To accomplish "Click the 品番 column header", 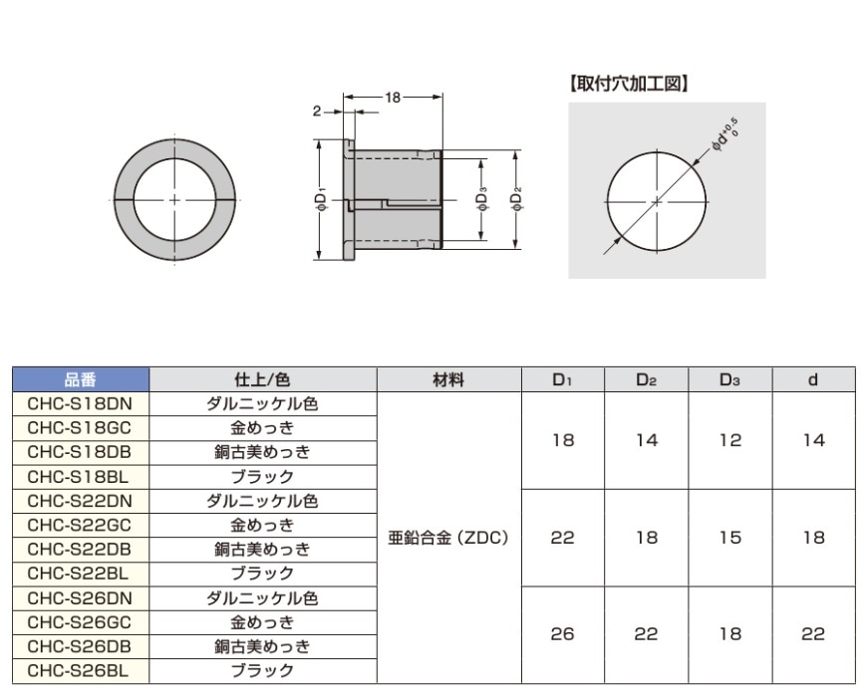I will coord(80,379).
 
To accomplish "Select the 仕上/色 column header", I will coord(262,379).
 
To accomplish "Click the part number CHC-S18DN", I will coord(80,404).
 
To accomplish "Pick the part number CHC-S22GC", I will coord(80,525).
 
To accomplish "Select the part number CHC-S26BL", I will coord(80,670).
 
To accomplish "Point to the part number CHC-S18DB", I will coord(80,452).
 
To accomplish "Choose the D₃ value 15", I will coord(730,538).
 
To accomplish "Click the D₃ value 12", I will coord(730,440).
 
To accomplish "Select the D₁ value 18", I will coord(563,440).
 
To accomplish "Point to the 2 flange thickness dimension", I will coord(316,113).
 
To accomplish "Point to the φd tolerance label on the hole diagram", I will coord(724,136).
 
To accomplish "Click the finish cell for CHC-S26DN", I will coord(262,597).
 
